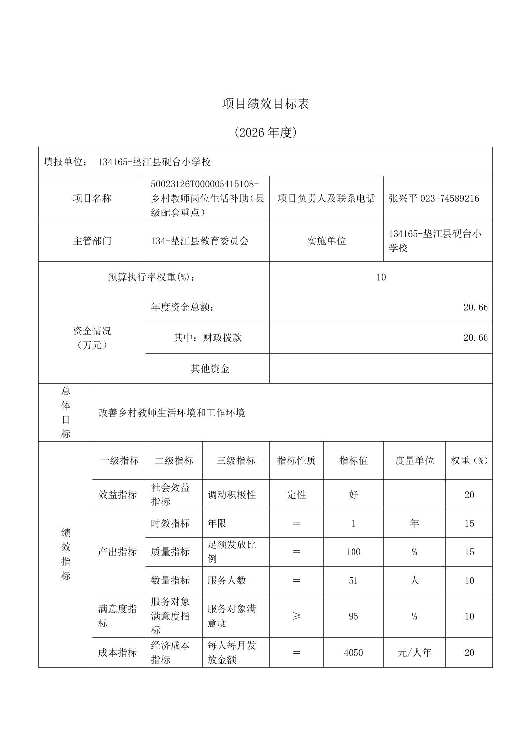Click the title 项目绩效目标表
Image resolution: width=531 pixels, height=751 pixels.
point(265,104)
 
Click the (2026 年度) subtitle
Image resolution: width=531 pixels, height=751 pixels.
point(265,132)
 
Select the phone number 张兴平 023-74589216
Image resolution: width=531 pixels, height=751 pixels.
point(434,198)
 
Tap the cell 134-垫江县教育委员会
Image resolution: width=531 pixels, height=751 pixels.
point(200,241)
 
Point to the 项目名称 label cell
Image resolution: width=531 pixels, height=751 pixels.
point(92,198)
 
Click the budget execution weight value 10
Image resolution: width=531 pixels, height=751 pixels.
point(381,277)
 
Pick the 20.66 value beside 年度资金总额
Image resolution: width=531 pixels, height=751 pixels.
point(475,307)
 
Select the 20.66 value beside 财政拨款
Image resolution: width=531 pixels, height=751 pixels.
point(475,338)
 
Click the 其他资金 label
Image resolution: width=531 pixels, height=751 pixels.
point(210,369)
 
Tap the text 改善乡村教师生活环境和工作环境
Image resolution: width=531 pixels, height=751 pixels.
point(172,413)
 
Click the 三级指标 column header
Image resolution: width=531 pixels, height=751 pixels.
point(235,460)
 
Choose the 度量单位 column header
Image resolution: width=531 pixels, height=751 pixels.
point(414,460)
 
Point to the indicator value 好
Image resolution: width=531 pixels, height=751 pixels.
point(353,495)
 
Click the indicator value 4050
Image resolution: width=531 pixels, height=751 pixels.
point(353,653)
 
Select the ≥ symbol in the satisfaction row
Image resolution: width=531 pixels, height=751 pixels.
point(296,616)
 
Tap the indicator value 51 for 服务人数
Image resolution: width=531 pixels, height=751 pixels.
point(353,581)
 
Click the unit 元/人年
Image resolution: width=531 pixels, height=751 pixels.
point(414,653)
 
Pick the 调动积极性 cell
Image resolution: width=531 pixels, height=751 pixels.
point(231,495)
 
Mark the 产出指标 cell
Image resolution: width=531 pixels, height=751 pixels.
point(118,552)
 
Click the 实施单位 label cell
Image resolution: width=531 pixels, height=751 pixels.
point(326,241)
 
